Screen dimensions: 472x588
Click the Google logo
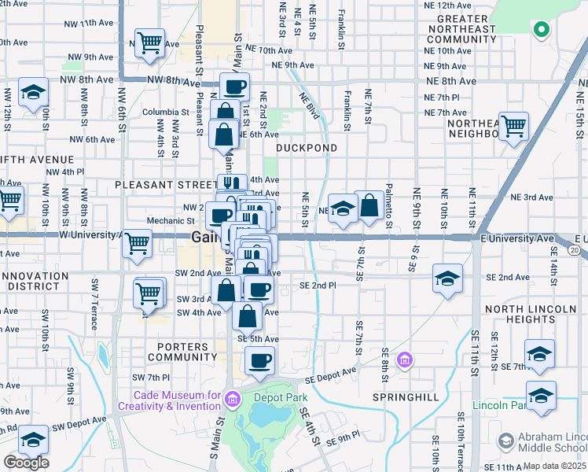[26, 463]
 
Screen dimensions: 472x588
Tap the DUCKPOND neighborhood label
[307, 148]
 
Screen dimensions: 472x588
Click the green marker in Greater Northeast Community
[541, 31]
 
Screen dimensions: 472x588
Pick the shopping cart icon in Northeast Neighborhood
[513, 125]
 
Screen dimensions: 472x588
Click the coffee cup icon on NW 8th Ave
[234, 87]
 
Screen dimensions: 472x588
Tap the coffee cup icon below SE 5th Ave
[259, 361]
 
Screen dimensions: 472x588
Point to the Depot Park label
[286, 398]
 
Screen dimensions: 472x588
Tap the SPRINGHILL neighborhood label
[406, 397]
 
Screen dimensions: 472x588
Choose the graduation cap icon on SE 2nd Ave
[447, 278]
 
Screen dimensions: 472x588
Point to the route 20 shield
[575, 250]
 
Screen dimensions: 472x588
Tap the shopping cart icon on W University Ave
[137, 242]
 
